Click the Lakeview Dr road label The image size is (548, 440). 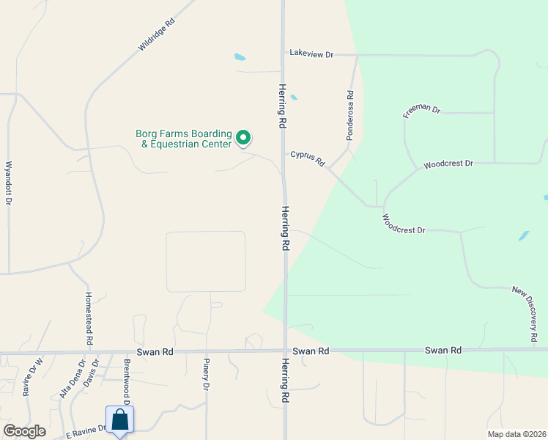pos(311,54)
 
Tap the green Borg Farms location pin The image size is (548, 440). pos(243,137)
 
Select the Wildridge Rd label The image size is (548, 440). pos(157,35)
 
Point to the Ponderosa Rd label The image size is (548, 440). pos(351,116)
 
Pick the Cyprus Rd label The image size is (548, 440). pos(307,158)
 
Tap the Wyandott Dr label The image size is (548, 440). pos(9,183)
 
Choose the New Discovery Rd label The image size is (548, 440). pos(525,313)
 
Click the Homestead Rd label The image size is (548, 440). pos(89,318)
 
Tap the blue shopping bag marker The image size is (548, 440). pos(120,421)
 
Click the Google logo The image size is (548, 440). pos(24,431)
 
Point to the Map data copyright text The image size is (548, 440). pos(516,434)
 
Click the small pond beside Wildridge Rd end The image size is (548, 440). pos(240,56)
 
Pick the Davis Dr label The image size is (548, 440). pos(90,373)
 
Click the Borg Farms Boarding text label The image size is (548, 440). pos(183,134)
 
